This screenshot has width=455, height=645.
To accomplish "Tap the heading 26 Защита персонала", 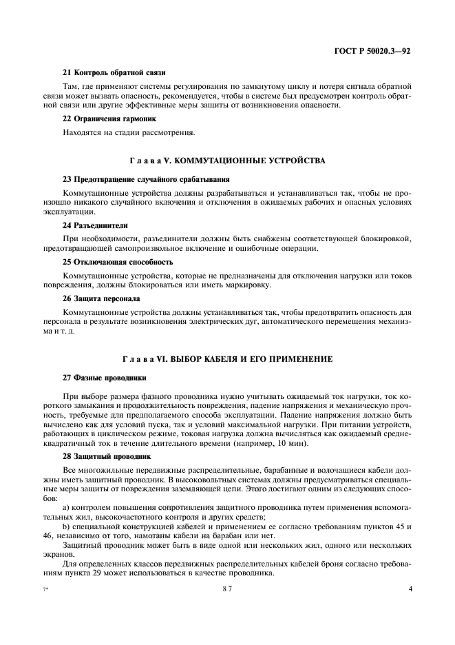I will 101,299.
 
